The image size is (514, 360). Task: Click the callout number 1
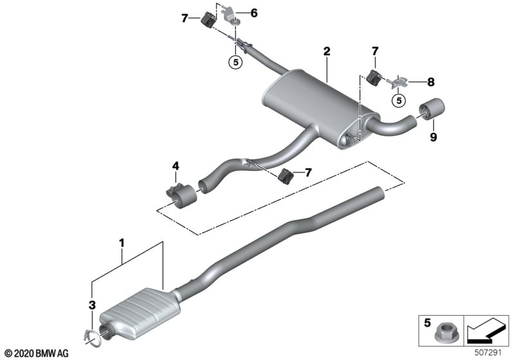click(121, 243)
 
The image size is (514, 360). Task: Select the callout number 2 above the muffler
click(326, 51)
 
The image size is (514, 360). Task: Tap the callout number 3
click(93, 305)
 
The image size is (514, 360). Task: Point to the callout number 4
click(175, 166)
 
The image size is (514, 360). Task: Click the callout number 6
click(254, 13)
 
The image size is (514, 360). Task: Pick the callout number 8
click(430, 82)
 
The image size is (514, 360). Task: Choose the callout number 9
click(433, 137)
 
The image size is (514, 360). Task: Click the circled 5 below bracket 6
click(236, 62)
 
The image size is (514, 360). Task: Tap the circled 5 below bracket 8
click(399, 100)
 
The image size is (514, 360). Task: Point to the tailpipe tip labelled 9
click(431, 109)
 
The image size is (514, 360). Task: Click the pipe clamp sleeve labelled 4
click(181, 195)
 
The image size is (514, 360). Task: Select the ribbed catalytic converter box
click(140, 313)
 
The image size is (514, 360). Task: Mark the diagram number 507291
click(488, 353)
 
